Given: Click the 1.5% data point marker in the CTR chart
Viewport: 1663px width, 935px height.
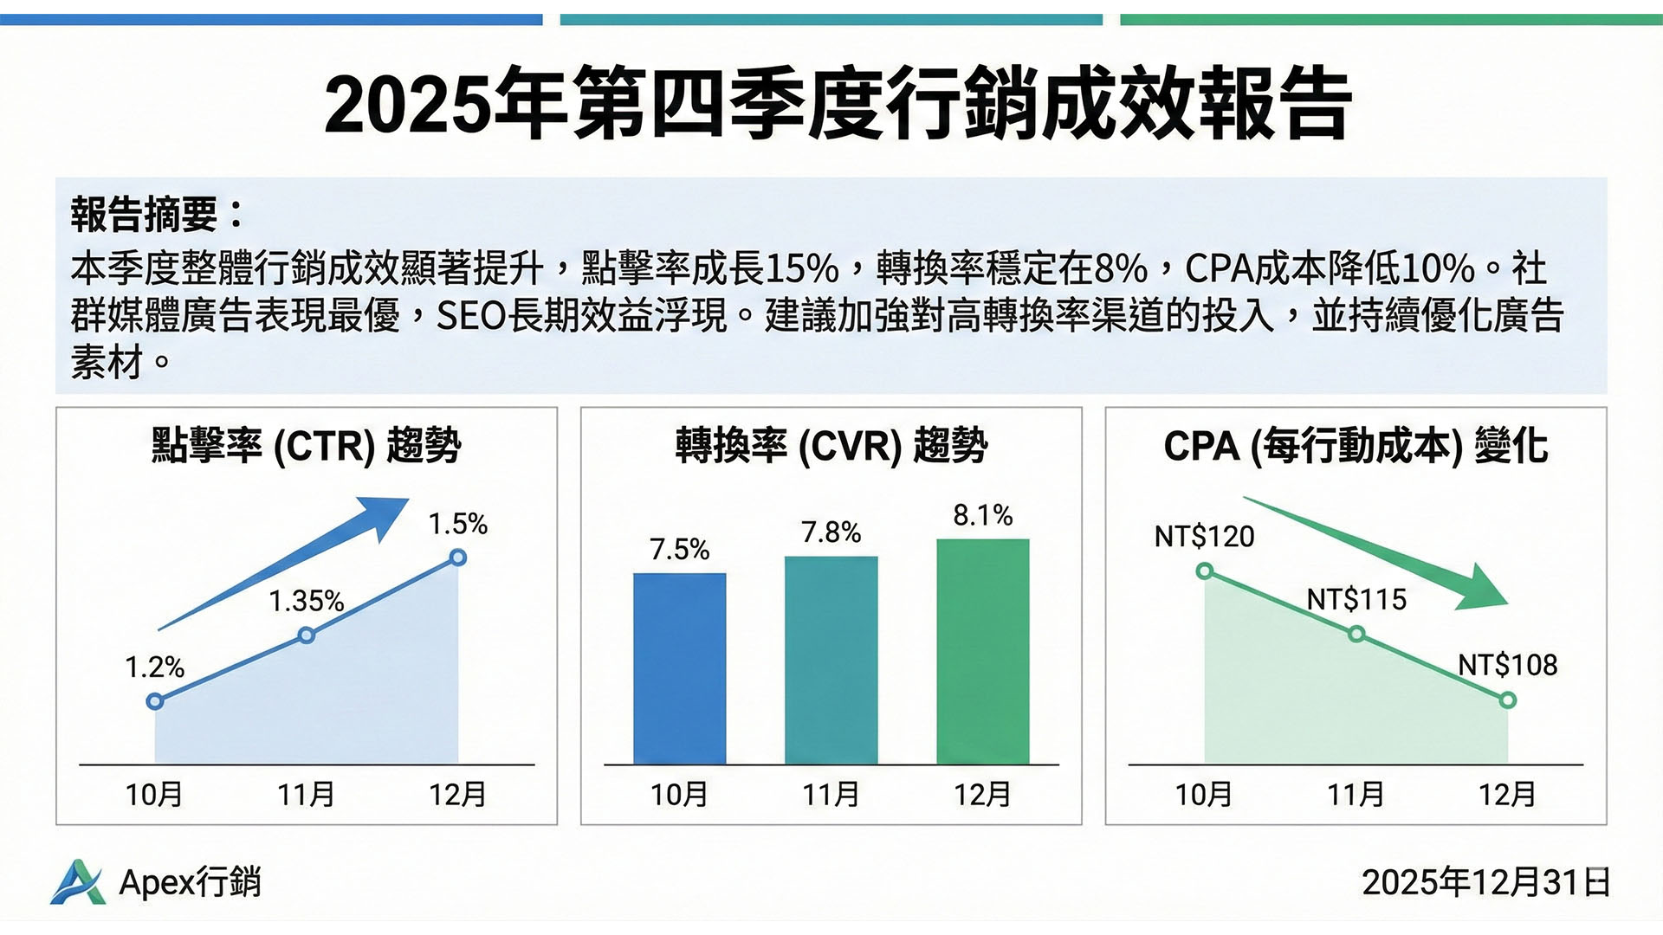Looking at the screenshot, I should click(458, 558).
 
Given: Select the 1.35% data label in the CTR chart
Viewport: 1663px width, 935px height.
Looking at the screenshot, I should click(306, 601).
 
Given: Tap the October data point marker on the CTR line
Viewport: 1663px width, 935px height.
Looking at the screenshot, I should click(155, 700).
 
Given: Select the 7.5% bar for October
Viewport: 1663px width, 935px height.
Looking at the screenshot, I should click(679, 668).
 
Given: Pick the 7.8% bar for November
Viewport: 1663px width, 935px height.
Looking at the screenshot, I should click(831, 660).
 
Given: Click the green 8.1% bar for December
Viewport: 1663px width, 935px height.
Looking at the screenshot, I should click(983, 651).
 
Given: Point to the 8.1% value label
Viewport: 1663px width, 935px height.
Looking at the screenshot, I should click(982, 516).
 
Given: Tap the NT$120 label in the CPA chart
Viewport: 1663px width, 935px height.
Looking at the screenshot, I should click(1204, 537).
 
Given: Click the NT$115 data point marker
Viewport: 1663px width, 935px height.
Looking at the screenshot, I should click(1356, 635).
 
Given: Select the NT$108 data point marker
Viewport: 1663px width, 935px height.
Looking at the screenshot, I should click(1508, 700).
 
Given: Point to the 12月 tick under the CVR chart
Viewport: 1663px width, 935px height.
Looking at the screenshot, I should click(982, 794).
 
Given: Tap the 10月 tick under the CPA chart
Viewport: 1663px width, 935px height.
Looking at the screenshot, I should click(1203, 794).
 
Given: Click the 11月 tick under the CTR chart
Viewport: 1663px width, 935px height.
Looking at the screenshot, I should click(306, 794).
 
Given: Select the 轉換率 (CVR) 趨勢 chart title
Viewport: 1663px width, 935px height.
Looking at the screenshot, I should click(831, 446).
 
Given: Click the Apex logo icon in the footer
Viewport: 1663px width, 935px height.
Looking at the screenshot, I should click(77, 882).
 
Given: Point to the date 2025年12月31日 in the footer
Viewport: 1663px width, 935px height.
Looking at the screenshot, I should click(1485, 882).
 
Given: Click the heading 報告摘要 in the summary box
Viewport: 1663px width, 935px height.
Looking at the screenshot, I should click(156, 215).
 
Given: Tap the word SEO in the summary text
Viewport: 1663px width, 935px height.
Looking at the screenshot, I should click(470, 316).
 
